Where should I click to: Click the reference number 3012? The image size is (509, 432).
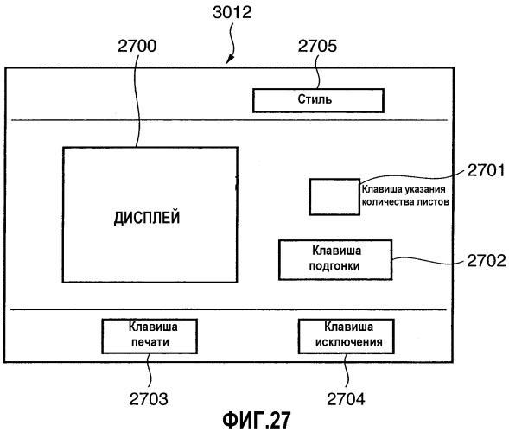tap(232, 13)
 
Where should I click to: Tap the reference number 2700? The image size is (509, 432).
tap(137, 46)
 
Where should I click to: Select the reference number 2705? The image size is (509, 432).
tap(317, 46)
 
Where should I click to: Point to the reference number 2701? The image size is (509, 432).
tap(486, 170)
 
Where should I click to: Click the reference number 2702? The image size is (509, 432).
tap(487, 260)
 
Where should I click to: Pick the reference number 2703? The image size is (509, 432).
tap(149, 399)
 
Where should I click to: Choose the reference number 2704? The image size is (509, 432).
tap(346, 399)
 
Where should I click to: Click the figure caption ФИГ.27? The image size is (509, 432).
tap(257, 420)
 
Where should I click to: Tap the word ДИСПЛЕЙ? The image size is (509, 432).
tap(147, 218)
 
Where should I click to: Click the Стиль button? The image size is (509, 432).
tap(319, 100)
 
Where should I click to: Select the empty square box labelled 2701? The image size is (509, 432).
tap(334, 197)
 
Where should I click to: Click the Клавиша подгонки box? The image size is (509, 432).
tap(335, 260)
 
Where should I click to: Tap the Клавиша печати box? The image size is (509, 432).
tap(150, 336)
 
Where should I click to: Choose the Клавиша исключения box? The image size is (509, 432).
tap(347, 336)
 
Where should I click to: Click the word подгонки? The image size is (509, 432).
tap(334, 266)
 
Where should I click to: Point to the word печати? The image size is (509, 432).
tap(150, 342)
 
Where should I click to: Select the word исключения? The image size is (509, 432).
tap(348, 342)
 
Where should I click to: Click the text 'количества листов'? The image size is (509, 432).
tap(405, 202)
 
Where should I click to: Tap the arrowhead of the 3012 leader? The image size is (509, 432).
tap(228, 61)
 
